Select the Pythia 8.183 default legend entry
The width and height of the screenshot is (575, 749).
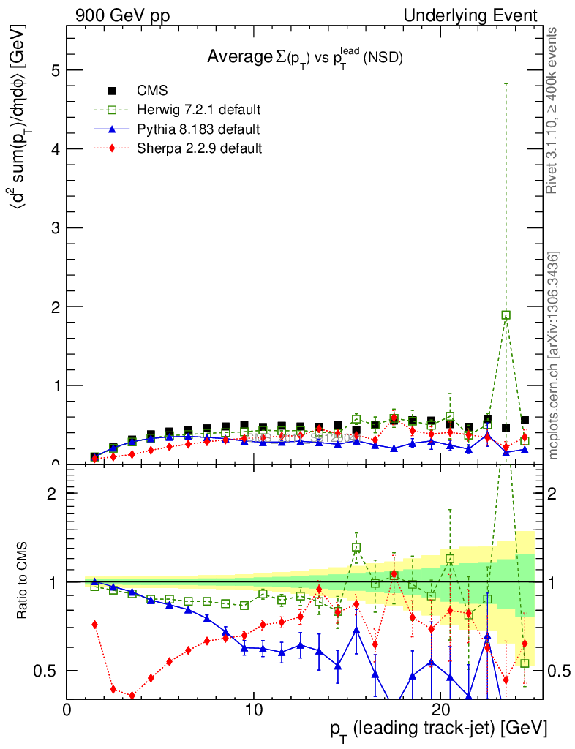[x=198, y=129]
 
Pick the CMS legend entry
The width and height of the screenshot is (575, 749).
[x=152, y=91]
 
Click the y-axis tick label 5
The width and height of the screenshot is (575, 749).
[x=55, y=70]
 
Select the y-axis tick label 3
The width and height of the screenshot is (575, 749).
[x=55, y=228]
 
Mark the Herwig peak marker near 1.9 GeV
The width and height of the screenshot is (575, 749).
[x=506, y=315]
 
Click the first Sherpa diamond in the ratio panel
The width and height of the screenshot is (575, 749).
[x=94, y=624]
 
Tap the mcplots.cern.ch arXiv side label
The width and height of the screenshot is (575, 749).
[x=554, y=356]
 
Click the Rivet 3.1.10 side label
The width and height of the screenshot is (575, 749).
[x=554, y=111]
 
